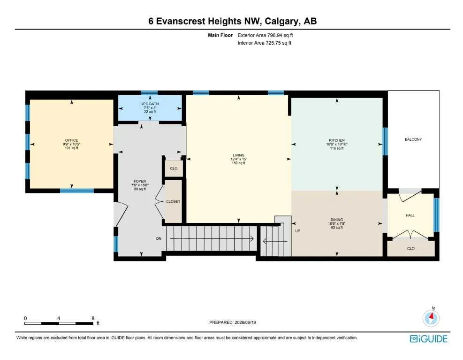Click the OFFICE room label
point(71,140)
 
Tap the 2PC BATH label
point(150,104)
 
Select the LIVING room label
point(239,155)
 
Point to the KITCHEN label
point(337,140)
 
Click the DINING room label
point(337,220)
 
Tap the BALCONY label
point(413,139)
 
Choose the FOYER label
point(140,181)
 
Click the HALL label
point(410,215)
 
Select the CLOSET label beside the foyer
point(173,201)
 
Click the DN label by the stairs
point(159,238)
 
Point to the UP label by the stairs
point(297,231)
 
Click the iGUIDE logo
point(429,339)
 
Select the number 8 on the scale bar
point(93,318)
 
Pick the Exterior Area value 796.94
point(275,35)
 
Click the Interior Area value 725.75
point(273,43)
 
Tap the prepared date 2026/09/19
point(245,322)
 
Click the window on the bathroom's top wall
point(150,92)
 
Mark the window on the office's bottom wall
point(77,191)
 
